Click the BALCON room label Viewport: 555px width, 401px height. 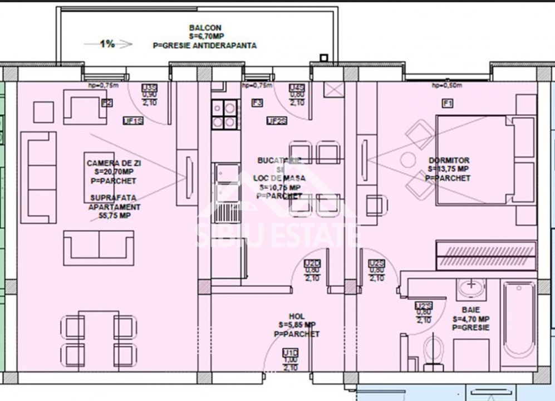205,28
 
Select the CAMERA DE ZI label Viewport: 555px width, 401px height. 112,163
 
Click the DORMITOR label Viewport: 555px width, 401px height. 449,160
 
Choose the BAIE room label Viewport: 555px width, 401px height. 470,310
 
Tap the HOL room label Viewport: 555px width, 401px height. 297,316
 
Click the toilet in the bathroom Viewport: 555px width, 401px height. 433,352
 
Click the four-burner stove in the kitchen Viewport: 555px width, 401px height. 224,114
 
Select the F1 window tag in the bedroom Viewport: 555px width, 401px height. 447,103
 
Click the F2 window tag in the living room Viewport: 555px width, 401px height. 107,103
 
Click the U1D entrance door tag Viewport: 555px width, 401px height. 290,353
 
